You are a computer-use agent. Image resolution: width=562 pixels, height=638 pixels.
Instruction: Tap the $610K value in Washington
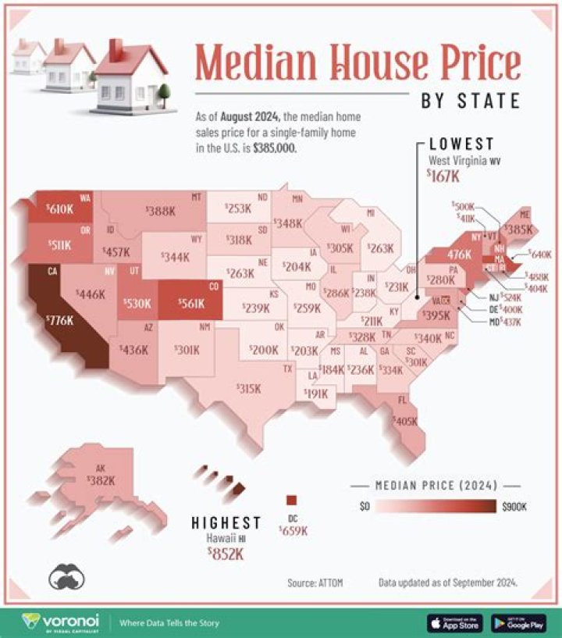pos(60,209)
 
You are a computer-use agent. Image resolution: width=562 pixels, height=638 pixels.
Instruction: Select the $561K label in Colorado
pos(190,304)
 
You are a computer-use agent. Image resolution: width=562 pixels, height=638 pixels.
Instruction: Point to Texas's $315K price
pos(248,388)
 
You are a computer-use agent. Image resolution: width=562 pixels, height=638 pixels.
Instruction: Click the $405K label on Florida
pos(406,420)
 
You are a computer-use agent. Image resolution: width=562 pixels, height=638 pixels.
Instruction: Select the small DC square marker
pos(292,501)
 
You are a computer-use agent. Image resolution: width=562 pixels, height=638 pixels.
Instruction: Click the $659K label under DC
pos(293,530)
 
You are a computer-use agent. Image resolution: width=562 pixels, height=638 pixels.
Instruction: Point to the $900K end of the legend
pos(514,507)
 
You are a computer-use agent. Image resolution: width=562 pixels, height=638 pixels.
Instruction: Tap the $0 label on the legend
pos(365,507)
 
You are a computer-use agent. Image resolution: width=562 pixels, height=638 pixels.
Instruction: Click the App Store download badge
pos(454,622)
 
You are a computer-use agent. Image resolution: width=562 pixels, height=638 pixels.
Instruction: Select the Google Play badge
pos(518,622)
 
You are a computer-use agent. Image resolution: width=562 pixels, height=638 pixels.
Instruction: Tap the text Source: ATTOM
pos(315,583)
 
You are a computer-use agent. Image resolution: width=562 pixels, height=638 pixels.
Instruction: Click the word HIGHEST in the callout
pos(226,522)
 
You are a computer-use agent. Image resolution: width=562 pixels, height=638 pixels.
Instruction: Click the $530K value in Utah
pos(137,303)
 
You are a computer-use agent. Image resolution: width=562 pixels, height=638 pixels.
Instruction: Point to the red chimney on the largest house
pos(116,49)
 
